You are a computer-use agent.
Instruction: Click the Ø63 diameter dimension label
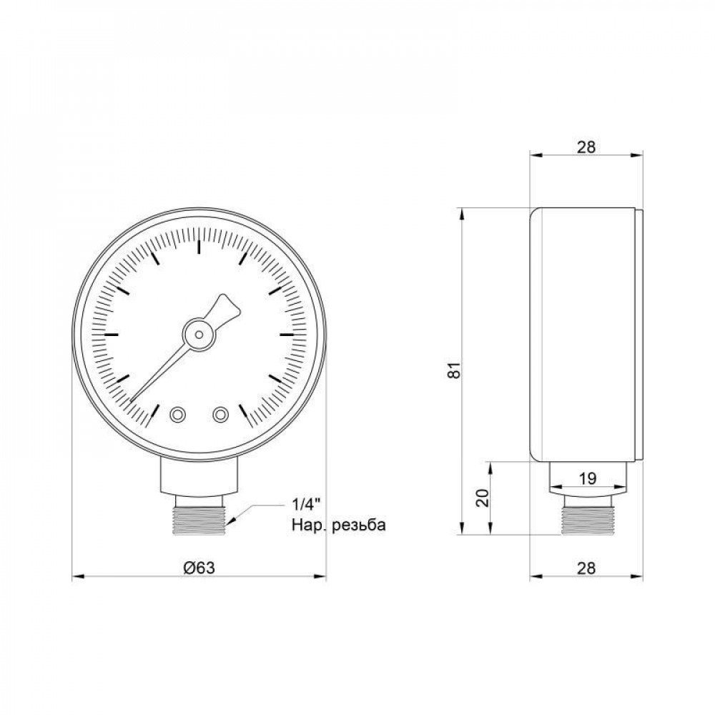click(x=199, y=567)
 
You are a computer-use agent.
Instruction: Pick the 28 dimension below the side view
click(x=586, y=568)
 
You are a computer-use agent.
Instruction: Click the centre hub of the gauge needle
click(x=199, y=333)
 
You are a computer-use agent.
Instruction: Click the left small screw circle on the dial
click(x=177, y=413)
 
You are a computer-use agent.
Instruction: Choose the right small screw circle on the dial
click(x=221, y=413)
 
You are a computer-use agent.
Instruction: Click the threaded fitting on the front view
click(x=199, y=516)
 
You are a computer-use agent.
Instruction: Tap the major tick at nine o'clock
click(x=111, y=334)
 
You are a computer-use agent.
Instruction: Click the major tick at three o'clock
click(x=287, y=334)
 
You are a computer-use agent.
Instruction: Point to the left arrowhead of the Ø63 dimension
click(x=77, y=576)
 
